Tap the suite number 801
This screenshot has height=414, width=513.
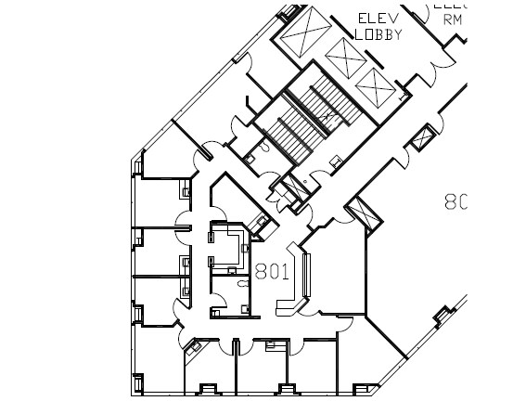pos(272,272)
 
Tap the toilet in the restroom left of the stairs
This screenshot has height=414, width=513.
pos(264,145)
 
